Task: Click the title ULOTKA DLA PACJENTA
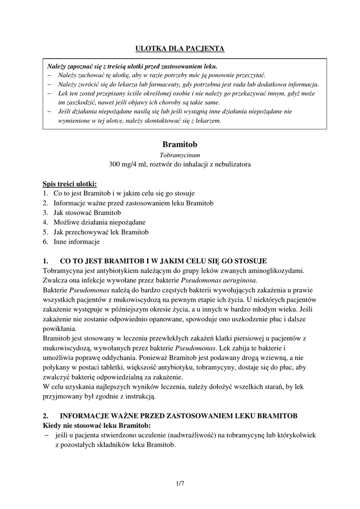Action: pyautogui.click(x=180, y=48)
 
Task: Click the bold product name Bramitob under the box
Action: pyautogui.click(x=180, y=144)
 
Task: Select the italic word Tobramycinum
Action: pyautogui.click(x=180, y=155)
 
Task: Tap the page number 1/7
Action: pyautogui.click(x=180, y=483)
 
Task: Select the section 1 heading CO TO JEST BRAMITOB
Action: pyautogui.click(x=163, y=260)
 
